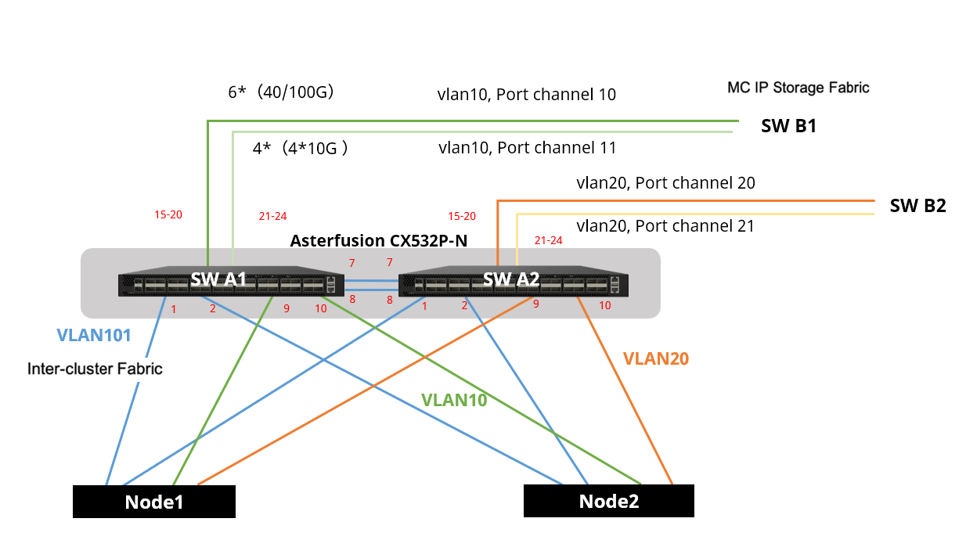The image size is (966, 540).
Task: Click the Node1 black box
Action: (154, 502)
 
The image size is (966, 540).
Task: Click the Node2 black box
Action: (608, 501)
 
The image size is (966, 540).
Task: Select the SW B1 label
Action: (788, 126)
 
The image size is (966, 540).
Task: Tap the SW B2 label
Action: (917, 207)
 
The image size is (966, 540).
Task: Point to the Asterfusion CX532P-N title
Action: (378, 240)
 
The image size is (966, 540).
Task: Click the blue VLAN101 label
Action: (93, 336)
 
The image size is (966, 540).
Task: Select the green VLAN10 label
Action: (454, 400)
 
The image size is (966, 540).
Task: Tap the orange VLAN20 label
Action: (655, 358)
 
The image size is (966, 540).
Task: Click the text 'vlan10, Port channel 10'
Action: (526, 95)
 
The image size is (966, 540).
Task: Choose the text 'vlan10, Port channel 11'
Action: (527, 147)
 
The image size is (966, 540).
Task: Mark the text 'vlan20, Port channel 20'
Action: (665, 183)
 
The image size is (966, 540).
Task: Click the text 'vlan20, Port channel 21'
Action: (665, 226)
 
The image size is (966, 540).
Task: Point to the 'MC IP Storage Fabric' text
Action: (798, 87)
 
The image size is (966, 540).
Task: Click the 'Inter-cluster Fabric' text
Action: (95, 368)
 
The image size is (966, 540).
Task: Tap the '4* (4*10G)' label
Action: (300, 148)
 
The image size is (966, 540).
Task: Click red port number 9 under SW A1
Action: (287, 308)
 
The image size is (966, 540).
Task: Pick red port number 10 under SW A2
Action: (604, 305)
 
